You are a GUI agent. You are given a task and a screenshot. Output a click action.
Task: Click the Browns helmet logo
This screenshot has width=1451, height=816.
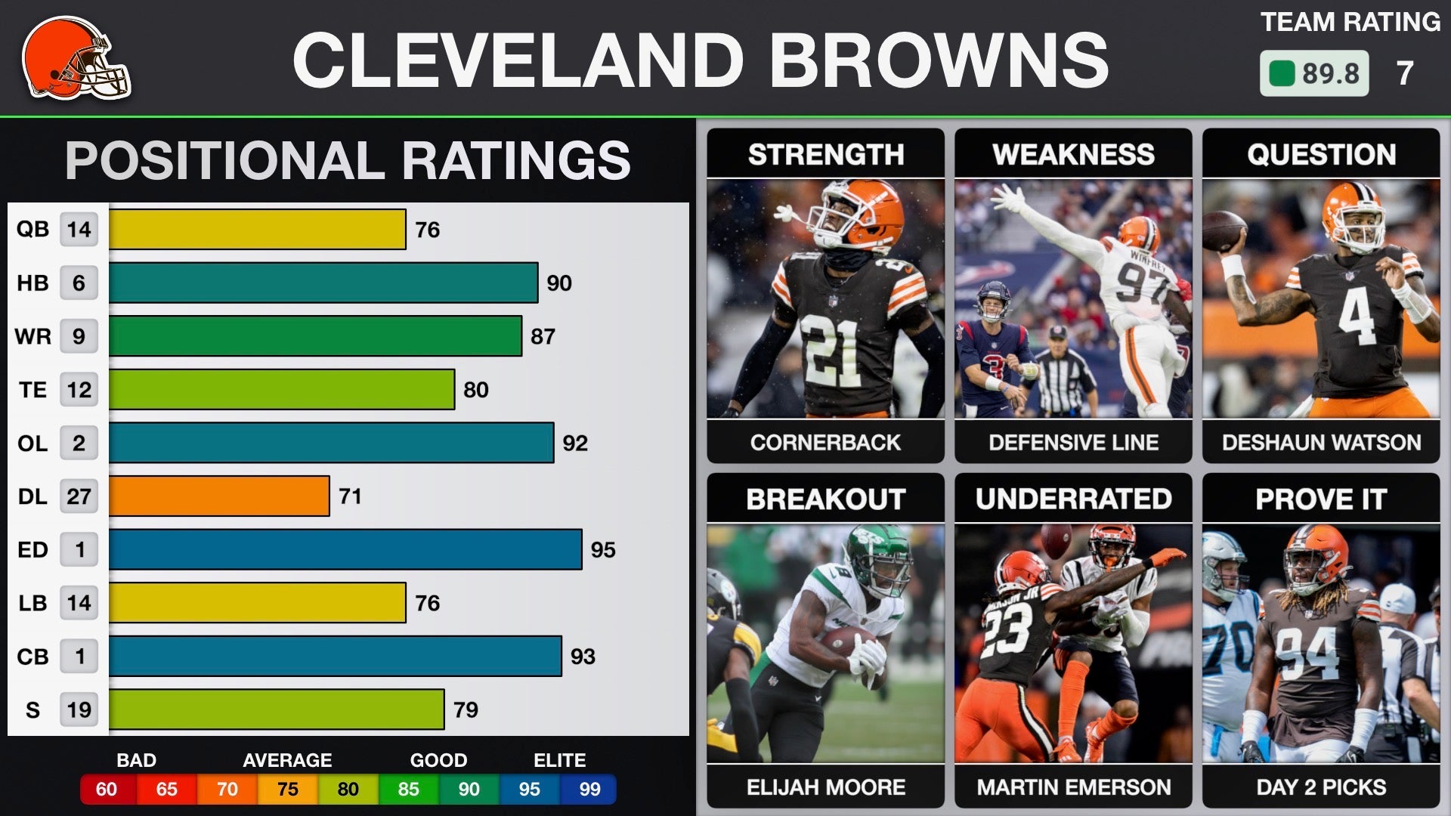tap(76, 59)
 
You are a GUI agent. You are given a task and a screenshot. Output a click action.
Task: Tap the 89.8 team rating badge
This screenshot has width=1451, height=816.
tap(1313, 73)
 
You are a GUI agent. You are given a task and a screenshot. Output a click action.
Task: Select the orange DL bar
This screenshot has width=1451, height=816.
tap(219, 496)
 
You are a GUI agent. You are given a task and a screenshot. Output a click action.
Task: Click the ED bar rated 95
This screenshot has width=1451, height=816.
tap(345, 549)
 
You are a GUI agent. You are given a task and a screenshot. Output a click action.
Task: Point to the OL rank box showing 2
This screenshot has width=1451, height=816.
tap(79, 443)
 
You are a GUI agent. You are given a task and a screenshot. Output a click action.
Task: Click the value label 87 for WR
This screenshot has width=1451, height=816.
tap(543, 336)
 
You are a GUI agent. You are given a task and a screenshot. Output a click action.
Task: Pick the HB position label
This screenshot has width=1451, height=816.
tap(32, 283)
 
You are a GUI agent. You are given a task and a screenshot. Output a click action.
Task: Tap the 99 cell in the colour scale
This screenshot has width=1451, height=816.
tap(589, 790)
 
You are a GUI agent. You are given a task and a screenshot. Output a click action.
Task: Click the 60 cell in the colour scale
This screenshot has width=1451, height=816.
tap(107, 790)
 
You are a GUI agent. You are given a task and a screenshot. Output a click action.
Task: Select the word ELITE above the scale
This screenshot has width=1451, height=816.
tap(559, 760)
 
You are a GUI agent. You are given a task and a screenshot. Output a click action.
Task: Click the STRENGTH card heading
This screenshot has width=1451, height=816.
tap(826, 154)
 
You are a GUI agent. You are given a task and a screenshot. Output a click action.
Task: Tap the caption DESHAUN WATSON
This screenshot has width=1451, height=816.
tap(1321, 442)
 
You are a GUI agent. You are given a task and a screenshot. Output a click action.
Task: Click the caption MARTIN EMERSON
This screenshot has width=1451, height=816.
tap(1074, 787)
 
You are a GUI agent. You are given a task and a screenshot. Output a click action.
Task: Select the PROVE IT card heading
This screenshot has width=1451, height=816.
tap(1321, 499)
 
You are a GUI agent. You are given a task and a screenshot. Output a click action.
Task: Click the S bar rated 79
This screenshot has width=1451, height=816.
tap(277, 709)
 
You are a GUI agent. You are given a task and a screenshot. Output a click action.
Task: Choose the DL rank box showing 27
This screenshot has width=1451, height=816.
tap(79, 496)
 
